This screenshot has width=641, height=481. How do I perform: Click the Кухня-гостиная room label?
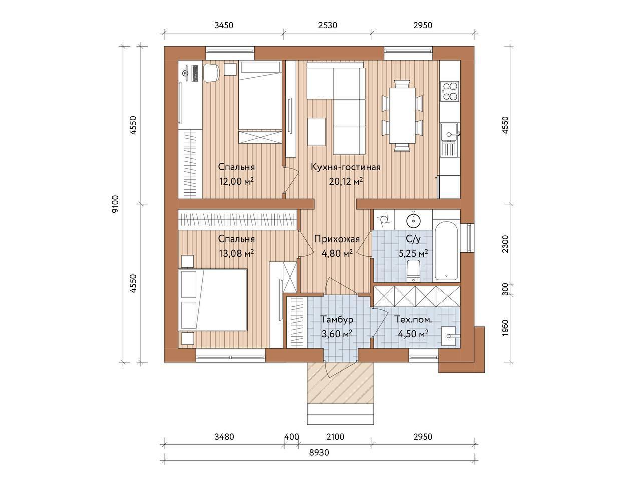pos(346,168)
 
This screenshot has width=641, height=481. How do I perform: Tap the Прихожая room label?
pos(337,239)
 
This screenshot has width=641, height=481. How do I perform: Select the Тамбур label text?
pos(337,320)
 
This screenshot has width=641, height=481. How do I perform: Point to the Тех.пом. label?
pos(413,319)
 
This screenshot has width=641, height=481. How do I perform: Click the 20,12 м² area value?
pos(346,182)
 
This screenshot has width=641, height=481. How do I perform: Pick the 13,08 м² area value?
pos(236,253)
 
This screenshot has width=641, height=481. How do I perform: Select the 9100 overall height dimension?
pos(116,204)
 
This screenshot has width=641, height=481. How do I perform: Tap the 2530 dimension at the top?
pos(328,26)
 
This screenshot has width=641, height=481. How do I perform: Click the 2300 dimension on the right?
pos(505,244)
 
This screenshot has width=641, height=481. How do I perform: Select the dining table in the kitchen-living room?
pos(402,116)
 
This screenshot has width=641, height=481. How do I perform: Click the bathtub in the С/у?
pos(446,255)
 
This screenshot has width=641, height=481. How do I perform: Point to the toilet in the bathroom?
pos(413,271)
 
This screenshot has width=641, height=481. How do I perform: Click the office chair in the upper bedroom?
pos(211,73)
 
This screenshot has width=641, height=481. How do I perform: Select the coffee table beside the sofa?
pos(316,131)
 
